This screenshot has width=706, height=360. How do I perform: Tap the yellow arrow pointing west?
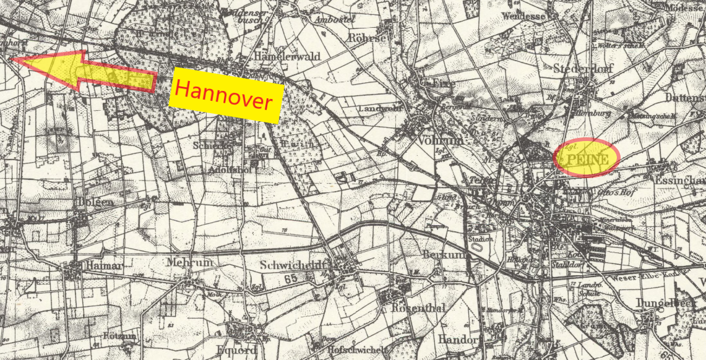click(x=87, y=72)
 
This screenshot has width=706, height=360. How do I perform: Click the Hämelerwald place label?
click(x=287, y=56)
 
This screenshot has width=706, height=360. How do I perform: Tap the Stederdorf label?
click(x=583, y=68)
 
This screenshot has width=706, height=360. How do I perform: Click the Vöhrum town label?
click(x=441, y=140)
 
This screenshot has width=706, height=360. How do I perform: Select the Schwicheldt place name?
click(x=294, y=265)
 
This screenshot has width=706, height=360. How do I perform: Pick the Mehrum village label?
click(x=189, y=262)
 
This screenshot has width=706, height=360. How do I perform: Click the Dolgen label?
click(x=96, y=202)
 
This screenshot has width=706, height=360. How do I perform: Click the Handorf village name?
click(x=458, y=339)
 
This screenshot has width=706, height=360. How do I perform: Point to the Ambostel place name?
click(x=334, y=19)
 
